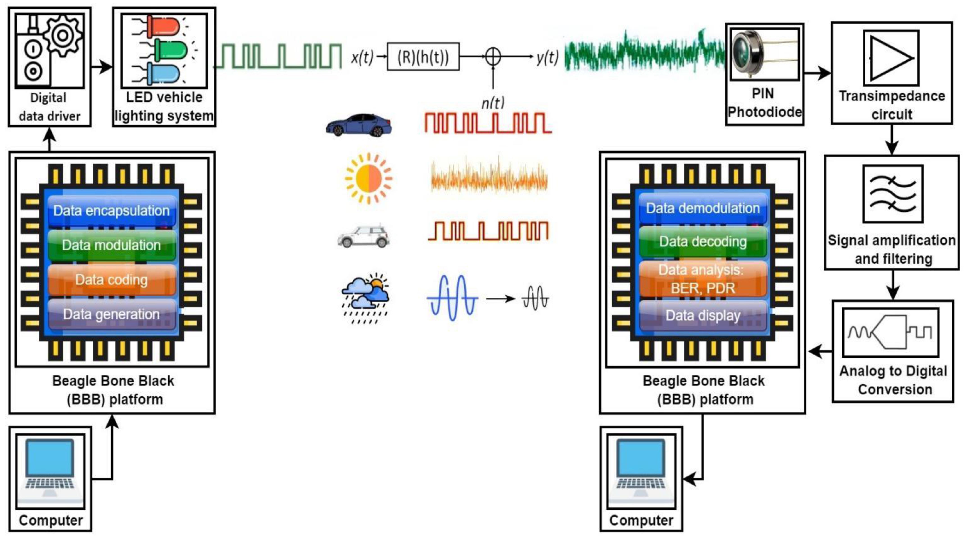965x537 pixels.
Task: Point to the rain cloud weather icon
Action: coord(365,298)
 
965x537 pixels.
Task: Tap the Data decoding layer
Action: coord(703,242)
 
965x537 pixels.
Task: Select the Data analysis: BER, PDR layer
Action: coord(703,279)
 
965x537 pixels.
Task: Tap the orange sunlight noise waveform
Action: coord(489,178)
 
